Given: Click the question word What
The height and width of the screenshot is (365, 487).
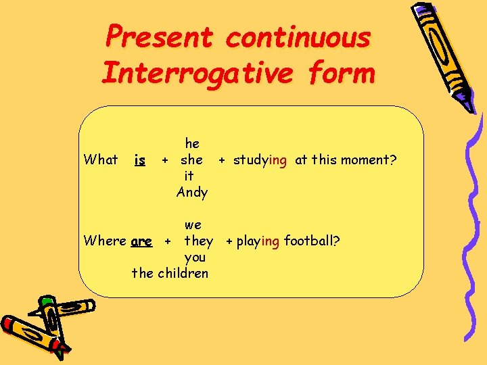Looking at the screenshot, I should point(100,160).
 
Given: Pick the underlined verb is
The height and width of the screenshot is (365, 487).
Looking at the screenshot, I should point(139,160).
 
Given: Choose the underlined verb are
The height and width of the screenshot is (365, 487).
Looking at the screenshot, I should point(141,241).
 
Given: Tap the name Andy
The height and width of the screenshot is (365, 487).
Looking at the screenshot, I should point(192,193).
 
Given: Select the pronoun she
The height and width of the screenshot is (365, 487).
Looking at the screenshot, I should point(191,160).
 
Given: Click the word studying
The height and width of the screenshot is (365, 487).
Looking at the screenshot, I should point(260,160).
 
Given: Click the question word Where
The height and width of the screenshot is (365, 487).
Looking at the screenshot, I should point(104,241).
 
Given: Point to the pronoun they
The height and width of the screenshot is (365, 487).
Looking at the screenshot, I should point(198,241).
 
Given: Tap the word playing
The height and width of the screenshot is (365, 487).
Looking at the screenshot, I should point(258,241).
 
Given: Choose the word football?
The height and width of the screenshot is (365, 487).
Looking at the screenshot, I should point(312,241).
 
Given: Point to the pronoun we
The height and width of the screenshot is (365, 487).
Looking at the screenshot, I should point(193,225).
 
